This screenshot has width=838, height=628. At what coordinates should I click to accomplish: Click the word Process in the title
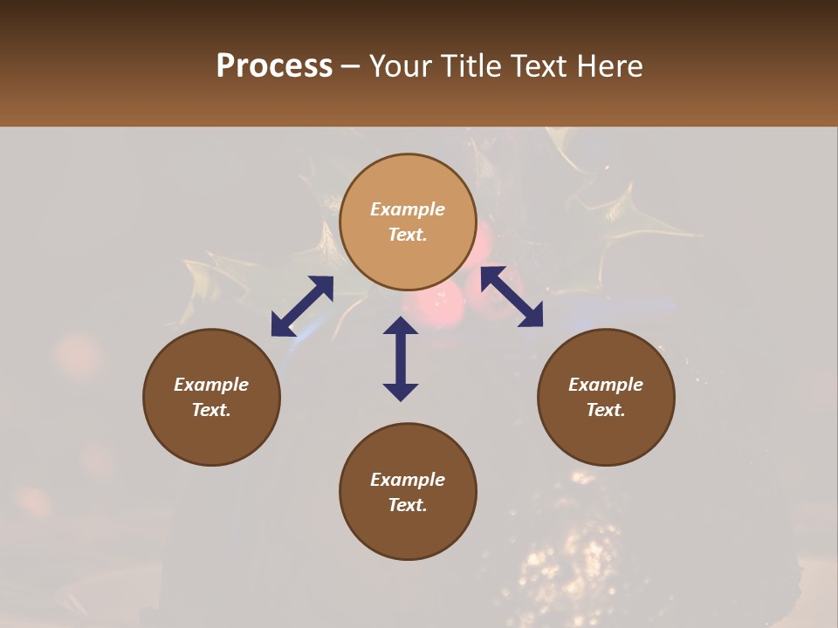click(274, 66)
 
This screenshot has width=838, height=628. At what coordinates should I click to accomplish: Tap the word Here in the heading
click(611, 66)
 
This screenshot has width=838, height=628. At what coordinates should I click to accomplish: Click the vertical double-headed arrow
click(401, 358)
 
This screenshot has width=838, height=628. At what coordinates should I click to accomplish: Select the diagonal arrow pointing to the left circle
click(302, 306)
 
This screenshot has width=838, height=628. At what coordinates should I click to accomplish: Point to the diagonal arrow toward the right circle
click(512, 297)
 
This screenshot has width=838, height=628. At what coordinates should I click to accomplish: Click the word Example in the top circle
click(408, 209)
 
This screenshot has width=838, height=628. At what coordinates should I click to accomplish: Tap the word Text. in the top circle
click(408, 235)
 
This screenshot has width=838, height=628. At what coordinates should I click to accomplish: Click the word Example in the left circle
click(211, 385)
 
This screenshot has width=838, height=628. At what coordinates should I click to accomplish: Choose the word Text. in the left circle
click(211, 410)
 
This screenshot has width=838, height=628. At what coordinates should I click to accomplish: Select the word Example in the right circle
click(606, 385)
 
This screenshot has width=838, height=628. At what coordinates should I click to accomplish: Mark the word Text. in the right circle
click(606, 410)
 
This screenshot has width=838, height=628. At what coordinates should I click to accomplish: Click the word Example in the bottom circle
click(408, 480)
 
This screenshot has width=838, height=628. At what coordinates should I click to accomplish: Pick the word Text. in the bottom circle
click(408, 505)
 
